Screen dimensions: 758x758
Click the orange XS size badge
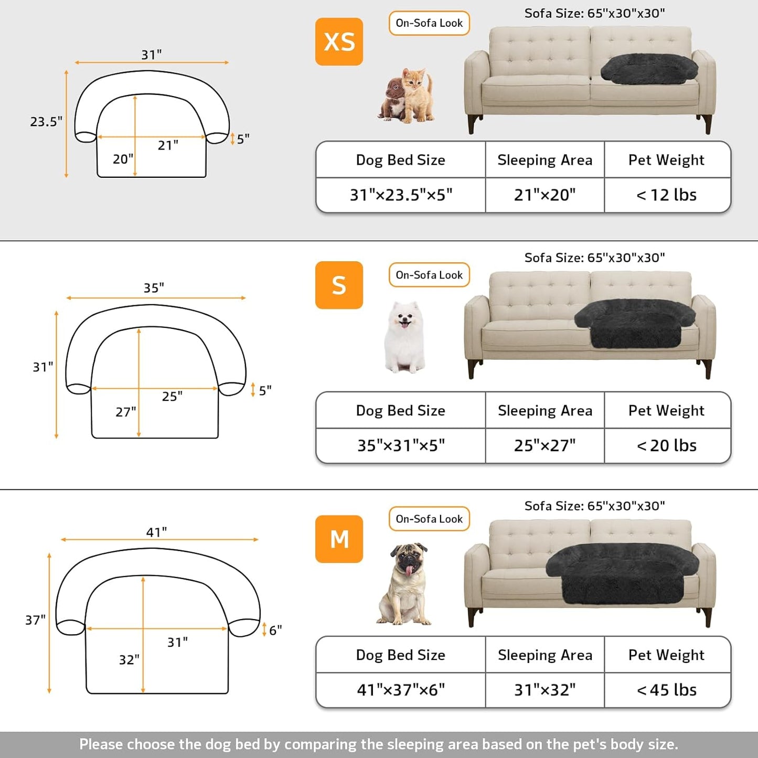[339, 41]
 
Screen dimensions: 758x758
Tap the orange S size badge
[339, 285]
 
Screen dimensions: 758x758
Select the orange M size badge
[339, 539]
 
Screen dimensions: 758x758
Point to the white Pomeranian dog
[403, 337]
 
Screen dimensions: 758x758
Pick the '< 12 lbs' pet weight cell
[667, 195]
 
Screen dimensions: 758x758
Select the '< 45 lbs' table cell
[667, 690]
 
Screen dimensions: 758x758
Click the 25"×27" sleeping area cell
[545, 445]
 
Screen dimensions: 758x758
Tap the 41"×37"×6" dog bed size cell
[401, 690]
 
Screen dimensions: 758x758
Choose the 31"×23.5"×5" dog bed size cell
[401, 195]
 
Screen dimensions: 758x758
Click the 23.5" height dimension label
[46, 122]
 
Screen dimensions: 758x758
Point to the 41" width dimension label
[156, 532]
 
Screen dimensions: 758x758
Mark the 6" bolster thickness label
[275, 630]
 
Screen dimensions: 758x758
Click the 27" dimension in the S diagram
[126, 412]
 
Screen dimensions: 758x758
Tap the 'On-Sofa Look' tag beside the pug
[429, 519]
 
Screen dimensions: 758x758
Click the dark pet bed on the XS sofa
[649, 68]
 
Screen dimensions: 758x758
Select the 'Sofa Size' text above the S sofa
[594, 258]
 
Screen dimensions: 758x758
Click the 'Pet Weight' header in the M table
[667, 655]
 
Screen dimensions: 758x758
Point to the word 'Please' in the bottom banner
[101, 744]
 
